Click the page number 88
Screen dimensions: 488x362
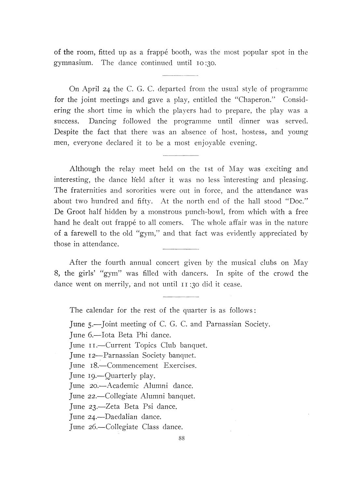[x=182, y=438]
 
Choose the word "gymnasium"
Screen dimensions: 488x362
[x=74, y=63]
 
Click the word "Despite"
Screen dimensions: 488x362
[x=66, y=132]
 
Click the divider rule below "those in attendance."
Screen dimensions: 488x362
[x=180, y=249]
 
